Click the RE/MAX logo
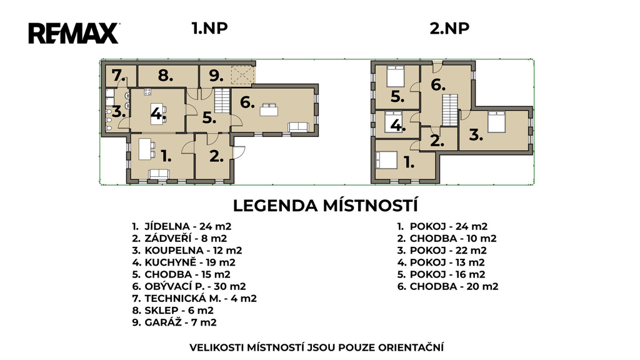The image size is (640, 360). click(74, 33)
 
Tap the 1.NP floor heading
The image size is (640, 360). click(209, 28)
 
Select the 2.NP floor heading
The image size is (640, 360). click(449, 28)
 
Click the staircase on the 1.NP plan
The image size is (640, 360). click(222, 101)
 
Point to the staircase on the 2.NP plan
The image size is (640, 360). click(450, 110)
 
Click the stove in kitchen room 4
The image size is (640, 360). click(147, 92)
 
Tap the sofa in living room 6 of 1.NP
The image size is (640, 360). click(299, 127)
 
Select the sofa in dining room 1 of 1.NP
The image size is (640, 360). click(159, 174)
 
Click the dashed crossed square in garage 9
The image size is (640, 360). click(242, 75)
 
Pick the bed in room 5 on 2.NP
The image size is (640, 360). click(395, 76)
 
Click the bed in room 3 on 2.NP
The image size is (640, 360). click(496, 122)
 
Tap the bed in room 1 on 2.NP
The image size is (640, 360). click(386, 160)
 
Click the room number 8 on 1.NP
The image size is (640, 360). click(166, 76)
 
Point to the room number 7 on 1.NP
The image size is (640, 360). click(118, 76)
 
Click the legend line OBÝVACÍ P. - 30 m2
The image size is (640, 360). click(189, 286)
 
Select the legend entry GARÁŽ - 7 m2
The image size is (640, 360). click(174, 322)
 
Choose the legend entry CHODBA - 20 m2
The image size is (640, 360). click(447, 286)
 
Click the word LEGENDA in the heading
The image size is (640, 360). click(276, 206)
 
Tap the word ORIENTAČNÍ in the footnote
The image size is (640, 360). click(411, 347)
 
